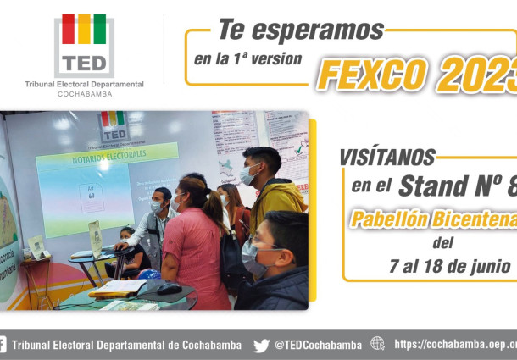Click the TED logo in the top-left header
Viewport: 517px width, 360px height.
84,46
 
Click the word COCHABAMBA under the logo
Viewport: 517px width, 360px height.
84,94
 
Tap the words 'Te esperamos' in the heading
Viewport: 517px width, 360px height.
301,30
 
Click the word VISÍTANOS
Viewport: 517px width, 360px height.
387,158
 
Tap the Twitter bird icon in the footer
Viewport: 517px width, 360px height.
261,345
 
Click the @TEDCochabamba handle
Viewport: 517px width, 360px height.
318,345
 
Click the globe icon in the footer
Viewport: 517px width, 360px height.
377,344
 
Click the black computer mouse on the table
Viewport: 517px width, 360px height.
169,289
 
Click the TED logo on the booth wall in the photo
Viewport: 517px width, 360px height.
112,124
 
